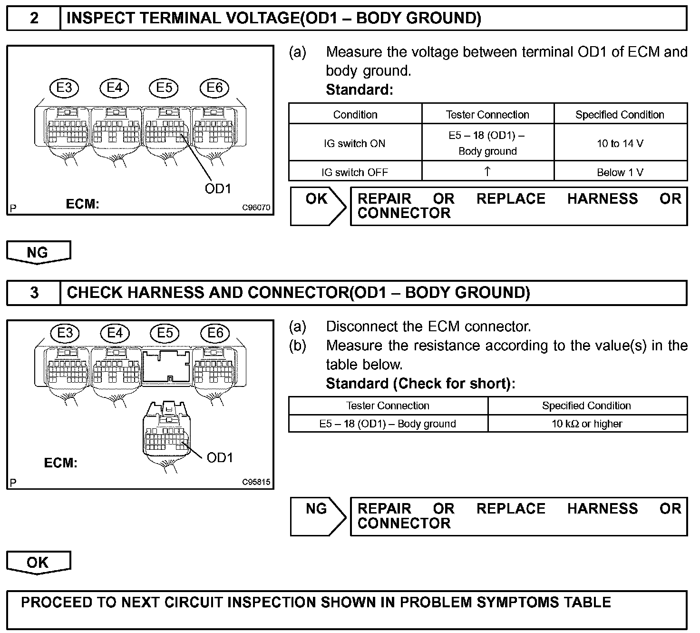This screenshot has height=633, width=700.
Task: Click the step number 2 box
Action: click(x=34, y=19)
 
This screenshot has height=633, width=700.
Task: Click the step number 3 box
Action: click(x=34, y=293)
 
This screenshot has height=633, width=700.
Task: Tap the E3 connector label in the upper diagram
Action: click(x=64, y=88)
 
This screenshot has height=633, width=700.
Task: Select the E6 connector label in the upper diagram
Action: click(x=214, y=88)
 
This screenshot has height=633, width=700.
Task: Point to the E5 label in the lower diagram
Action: click(x=165, y=333)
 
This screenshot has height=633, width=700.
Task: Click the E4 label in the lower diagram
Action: click(x=115, y=333)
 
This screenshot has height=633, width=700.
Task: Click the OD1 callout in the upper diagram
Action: click(x=218, y=189)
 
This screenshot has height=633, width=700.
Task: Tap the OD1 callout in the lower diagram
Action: click(x=220, y=458)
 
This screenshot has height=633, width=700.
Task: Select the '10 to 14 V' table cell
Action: click(x=620, y=143)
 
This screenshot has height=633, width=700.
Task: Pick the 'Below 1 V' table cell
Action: click(x=620, y=172)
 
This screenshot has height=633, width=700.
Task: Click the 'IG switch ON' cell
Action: click(x=355, y=143)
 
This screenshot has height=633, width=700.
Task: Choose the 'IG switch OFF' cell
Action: click(x=355, y=172)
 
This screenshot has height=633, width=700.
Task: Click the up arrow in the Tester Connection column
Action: click(x=487, y=171)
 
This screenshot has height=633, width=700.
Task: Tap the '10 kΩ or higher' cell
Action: click(x=587, y=424)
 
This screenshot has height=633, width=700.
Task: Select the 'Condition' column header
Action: click(x=355, y=115)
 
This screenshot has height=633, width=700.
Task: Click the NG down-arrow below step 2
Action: click(x=38, y=252)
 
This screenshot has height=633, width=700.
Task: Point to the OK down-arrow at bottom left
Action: click(x=38, y=563)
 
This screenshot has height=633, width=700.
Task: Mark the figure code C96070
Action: click(x=256, y=208)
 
